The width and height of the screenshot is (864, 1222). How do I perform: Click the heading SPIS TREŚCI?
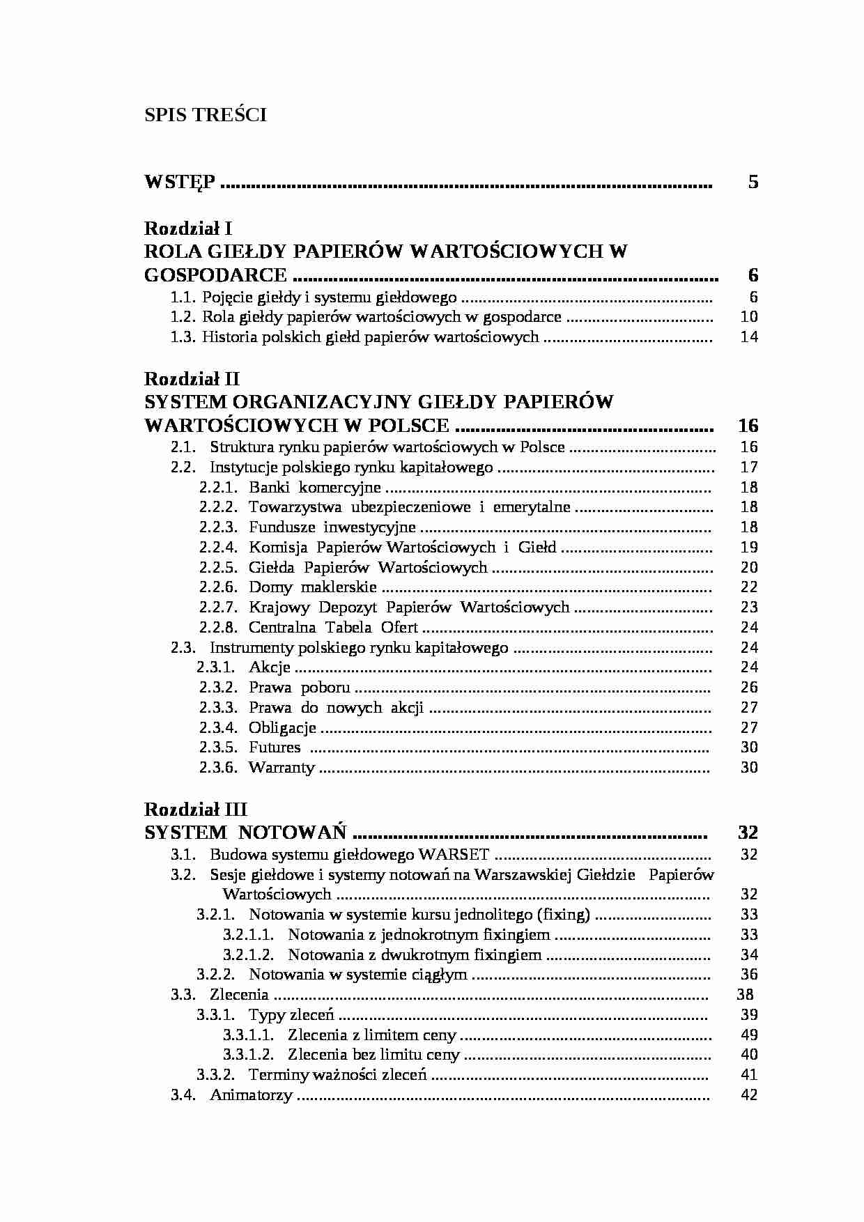[x=206, y=115]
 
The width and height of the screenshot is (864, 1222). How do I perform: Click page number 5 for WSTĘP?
[x=753, y=183]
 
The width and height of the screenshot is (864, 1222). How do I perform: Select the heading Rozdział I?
[x=188, y=229]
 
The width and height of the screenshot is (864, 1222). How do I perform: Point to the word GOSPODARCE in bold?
[x=215, y=275]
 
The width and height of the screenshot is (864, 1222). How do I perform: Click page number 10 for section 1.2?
[x=749, y=317]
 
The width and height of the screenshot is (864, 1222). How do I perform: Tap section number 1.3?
[x=183, y=337]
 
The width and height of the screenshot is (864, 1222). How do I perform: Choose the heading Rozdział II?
[x=192, y=379]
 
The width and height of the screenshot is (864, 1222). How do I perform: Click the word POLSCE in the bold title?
[x=412, y=426]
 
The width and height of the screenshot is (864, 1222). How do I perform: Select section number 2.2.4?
[x=218, y=548]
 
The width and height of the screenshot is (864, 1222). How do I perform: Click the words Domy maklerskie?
[x=313, y=587]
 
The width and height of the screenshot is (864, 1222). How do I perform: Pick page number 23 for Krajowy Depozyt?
[x=749, y=608]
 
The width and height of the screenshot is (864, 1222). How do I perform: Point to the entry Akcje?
[x=270, y=667]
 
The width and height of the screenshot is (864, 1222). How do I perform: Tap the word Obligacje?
[x=282, y=728]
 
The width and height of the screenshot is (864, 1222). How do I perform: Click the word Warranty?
[x=281, y=768]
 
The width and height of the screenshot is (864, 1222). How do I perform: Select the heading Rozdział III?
[x=196, y=810]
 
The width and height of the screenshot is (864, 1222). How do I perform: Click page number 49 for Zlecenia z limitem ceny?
[x=749, y=1035]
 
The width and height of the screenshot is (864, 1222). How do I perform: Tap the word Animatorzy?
[x=251, y=1095]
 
